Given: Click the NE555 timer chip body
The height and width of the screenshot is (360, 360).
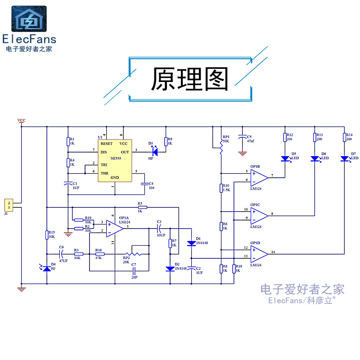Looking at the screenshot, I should click(x=115, y=161).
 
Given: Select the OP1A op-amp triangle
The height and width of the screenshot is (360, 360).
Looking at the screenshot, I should click(x=115, y=227).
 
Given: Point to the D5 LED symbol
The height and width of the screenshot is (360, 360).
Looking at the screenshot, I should click(x=285, y=158).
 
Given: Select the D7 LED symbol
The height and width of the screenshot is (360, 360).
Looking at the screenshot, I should click(x=344, y=158).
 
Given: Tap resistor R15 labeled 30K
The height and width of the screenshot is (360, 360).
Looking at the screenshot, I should click(x=47, y=234).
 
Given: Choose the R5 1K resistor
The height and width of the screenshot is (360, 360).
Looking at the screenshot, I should click(x=140, y=207).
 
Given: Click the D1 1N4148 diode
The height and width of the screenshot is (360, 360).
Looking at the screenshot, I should click(x=192, y=243).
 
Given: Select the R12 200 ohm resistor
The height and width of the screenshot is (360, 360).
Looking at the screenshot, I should click(x=285, y=138).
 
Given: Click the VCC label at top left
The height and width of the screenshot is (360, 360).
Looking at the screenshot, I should click(x=21, y=121).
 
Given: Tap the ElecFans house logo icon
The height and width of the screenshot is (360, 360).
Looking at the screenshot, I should click(x=29, y=19).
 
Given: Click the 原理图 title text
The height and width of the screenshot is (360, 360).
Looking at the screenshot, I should click(x=189, y=80).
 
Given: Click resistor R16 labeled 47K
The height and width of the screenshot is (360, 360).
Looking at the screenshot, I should click(x=99, y=254).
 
